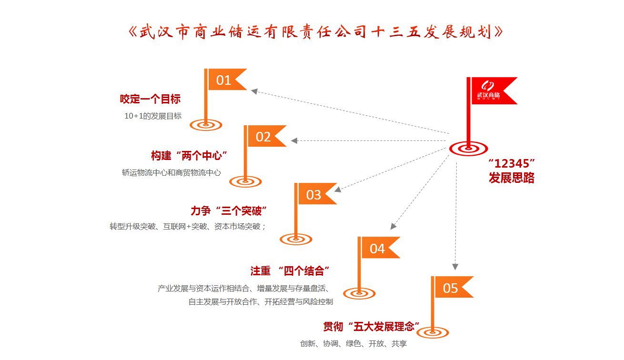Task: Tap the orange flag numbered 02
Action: pos(265,137)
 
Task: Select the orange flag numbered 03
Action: pos(315,194)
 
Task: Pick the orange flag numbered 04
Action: pos(379,248)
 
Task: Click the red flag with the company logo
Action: pos(490,91)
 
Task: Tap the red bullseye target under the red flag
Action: pos(469,149)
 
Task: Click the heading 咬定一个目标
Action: pos(150,99)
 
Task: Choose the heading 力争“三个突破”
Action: pos(228,210)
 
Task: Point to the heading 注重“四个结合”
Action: pos(291,271)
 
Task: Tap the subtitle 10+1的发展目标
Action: pos(153,116)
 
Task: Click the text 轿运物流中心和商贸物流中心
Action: pos(171,172)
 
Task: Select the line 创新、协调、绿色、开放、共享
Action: pos(353,343)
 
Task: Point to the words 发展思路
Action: pos(511,179)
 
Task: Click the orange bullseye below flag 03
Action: pos(296,239)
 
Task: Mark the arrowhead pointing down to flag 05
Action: pos(455,267)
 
